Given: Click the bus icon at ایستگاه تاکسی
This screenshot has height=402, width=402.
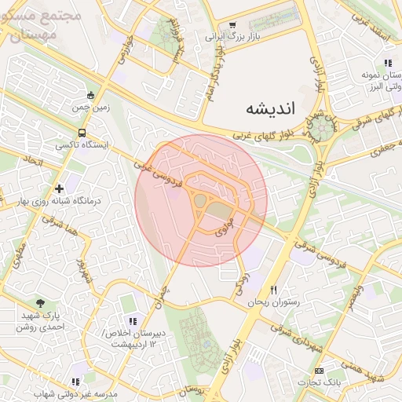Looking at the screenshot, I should point(82,133).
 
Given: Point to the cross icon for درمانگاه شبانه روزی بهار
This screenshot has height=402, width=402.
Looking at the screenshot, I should point(60,188).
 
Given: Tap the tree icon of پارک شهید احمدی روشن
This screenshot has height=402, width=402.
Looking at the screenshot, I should point(40,303).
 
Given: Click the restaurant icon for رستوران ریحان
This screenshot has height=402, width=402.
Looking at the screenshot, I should point(274,290).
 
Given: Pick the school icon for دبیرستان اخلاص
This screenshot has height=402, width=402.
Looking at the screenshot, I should point(132,321).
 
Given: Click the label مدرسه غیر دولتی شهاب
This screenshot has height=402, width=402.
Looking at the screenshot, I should point(75,393).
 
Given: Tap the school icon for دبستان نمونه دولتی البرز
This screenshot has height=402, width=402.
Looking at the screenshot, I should point(387,63).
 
